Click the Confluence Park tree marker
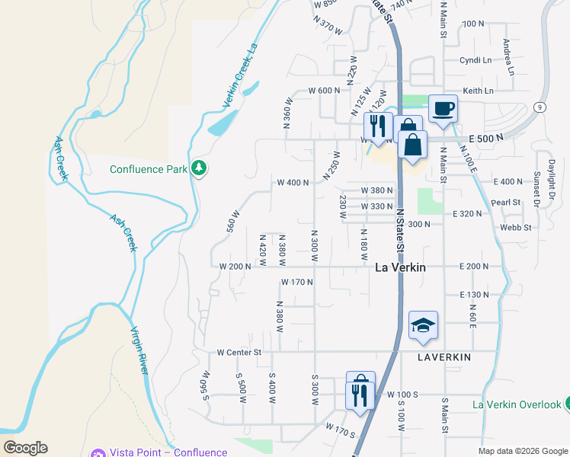coord(199,168)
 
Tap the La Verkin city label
coord(401,267)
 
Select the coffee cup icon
coord(442,108)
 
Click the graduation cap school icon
coord(423,325)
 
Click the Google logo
coord(25,448)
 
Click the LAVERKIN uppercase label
coord(445,356)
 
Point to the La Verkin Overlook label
coord(517,404)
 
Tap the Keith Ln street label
coord(479,91)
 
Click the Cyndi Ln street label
coord(476,59)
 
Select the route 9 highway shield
coord(540,107)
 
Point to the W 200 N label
coord(235,267)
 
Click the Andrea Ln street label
coord(507,53)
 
